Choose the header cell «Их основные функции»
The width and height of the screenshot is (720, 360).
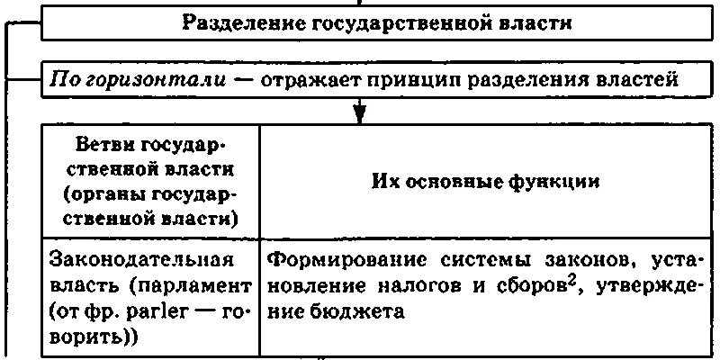pyautogui.click(x=486, y=181)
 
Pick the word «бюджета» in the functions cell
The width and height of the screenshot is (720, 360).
pyautogui.click(x=337, y=312)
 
